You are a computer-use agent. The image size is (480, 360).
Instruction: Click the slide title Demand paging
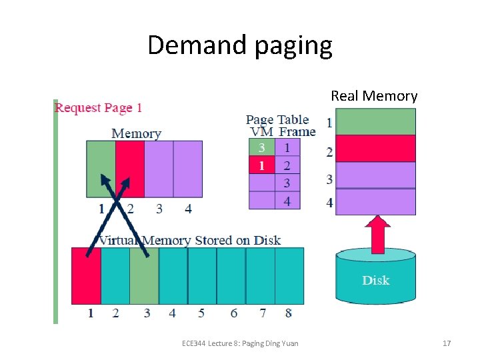(239, 45)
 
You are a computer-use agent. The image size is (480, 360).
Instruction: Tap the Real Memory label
(374, 96)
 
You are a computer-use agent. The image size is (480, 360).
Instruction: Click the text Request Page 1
(98, 108)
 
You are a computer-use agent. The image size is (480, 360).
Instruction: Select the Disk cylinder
(375, 277)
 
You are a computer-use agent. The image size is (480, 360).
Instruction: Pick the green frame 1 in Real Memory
(375, 122)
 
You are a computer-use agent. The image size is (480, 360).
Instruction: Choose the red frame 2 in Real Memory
(375, 149)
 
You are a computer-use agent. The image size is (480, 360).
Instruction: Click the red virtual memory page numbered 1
(87, 275)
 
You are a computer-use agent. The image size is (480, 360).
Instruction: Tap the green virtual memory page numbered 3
(144, 275)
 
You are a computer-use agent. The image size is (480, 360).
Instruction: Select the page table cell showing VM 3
(262, 147)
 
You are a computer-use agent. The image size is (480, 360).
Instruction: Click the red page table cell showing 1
(262, 165)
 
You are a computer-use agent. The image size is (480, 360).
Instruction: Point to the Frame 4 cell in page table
(287, 200)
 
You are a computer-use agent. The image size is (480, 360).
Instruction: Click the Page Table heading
(277, 120)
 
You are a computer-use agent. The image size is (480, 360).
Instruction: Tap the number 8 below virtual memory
(289, 313)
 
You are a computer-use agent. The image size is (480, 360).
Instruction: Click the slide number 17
(447, 343)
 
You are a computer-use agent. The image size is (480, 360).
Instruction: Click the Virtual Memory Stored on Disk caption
(189, 240)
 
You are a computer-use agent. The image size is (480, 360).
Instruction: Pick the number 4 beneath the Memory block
(188, 209)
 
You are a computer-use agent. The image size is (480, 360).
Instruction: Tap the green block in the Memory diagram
(101, 169)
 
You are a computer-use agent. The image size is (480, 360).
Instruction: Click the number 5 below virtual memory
(201, 313)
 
